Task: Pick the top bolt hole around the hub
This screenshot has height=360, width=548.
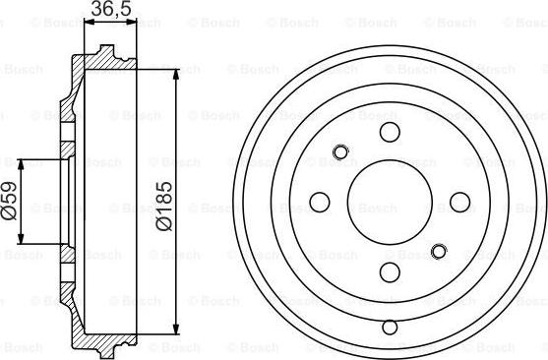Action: pos(389,133)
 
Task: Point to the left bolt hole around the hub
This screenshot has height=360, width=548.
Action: pos(319,202)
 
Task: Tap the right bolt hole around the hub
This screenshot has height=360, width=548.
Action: pos(458,202)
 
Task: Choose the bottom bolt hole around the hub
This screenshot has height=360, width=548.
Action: pos(389,271)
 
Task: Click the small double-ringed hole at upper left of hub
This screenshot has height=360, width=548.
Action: pos(341,151)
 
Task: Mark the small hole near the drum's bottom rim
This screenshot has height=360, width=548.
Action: pos(389,327)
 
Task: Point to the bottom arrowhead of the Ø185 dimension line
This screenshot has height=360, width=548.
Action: pos(176,331)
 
